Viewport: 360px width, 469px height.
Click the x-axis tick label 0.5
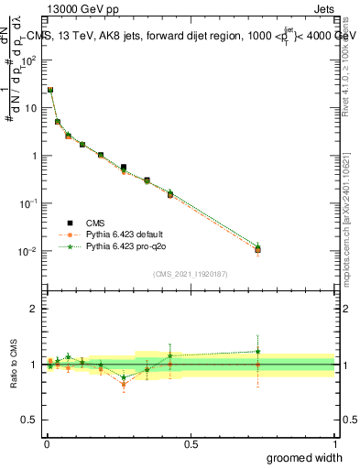tap(190, 443)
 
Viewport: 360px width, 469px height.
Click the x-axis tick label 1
tap(334, 443)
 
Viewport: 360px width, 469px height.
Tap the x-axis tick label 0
tap(46, 443)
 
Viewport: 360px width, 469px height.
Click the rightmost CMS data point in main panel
tap(258, 249)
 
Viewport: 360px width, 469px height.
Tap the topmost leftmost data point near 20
tap(50, 90)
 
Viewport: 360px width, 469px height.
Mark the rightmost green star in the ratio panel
tap(258, 351)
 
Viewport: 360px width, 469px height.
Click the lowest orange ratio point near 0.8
tap(124, 385)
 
